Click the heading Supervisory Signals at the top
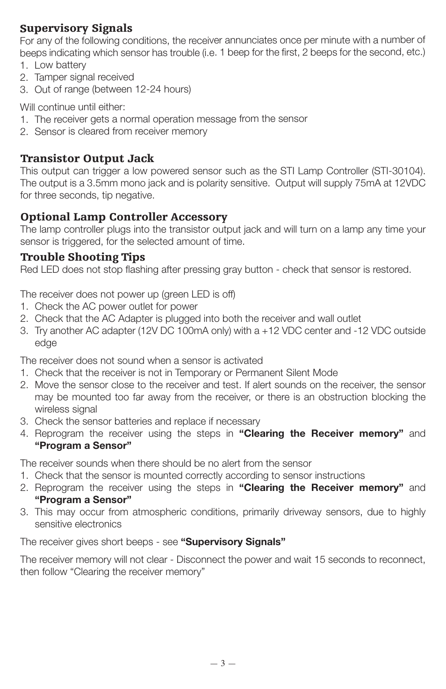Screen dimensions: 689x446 click(76, 28)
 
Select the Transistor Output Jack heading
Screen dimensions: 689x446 click(87, 158)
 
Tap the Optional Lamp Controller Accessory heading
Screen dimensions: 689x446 click(123, 217)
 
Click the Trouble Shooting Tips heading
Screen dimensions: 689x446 click(82, 257)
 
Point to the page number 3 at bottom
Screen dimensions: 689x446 click(223, 663)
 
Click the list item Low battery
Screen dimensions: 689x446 click(60, 65)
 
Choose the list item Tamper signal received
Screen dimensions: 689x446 click(84, 77)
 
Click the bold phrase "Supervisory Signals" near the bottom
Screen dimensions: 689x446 click(233, 542)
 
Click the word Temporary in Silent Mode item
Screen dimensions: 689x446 click(197, 373)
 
